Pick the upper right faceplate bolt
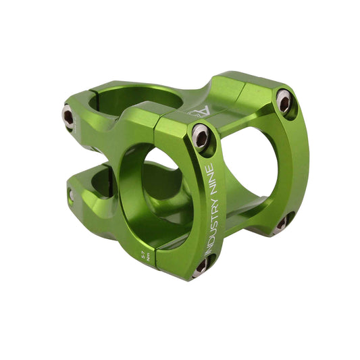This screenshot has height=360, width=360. tap(284, 101)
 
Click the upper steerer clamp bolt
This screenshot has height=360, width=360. tap(69, 116)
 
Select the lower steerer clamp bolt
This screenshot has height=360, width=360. tap(70, 195)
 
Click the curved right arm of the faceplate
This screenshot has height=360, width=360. tap(297, 162)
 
